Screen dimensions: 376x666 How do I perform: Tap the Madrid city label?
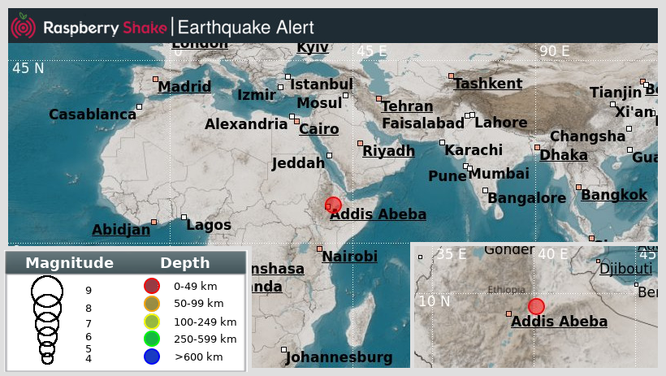(184, 88)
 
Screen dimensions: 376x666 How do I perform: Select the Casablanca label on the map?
(93, 115)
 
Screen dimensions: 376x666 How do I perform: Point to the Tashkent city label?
(488, 84)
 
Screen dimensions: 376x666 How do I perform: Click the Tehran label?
(407, 106)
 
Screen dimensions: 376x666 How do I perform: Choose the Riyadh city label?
(388, 151)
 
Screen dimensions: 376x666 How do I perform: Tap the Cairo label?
(319, 129)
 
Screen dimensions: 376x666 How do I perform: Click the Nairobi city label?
(349, 257)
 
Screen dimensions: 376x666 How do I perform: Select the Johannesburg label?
(339, 357)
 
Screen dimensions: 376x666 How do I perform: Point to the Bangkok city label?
(614, 195)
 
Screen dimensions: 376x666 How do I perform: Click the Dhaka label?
(564, 154)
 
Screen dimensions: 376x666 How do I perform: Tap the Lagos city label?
(209, 225)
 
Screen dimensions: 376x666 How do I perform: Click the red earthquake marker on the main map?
(333, 205)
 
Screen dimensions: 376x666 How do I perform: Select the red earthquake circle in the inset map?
(536, 306)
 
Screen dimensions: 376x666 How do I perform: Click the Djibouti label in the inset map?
(625, 269)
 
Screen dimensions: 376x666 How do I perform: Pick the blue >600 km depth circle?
(152, 357)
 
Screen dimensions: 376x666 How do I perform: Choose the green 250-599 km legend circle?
(152, 339)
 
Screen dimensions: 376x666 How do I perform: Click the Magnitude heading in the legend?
(69, 263)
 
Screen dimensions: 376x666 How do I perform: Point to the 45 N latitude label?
(28, 68)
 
